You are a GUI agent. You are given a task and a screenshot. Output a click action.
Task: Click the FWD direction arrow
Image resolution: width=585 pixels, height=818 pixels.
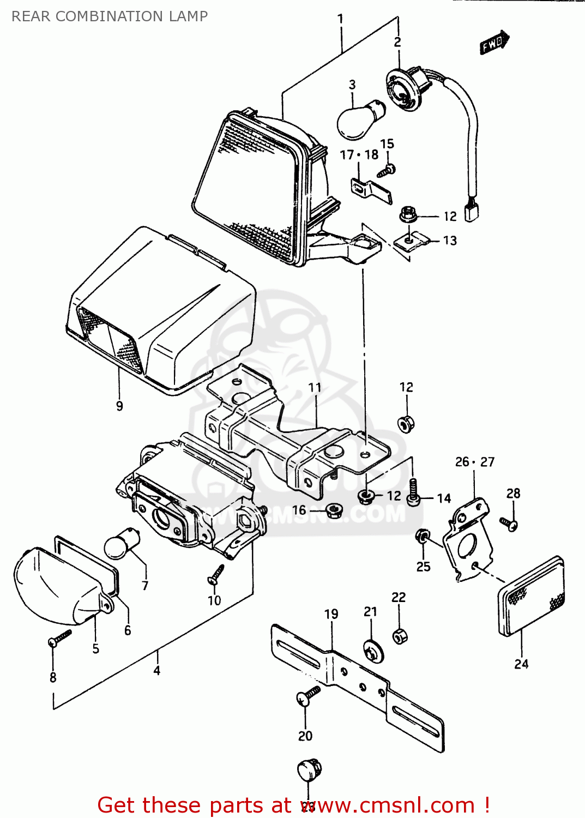[x=494, y=43]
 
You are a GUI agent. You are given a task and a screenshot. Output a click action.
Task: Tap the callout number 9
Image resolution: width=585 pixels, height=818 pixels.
[x=119, y=406]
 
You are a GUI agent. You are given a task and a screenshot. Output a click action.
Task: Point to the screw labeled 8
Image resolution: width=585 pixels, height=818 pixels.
[x=59, y=637]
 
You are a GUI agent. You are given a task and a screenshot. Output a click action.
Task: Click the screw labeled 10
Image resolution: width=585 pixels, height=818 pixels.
[x=216, y=574]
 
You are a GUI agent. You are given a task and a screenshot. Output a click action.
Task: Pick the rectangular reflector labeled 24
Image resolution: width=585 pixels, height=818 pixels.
[x=532, y=597]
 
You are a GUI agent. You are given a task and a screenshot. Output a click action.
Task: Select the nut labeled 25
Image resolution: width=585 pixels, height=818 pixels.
[x=422, y=537]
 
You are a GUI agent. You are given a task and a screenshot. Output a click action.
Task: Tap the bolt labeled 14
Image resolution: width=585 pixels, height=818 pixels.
[x=414, y=493]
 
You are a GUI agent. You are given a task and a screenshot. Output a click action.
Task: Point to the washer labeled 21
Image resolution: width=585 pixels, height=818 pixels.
[x=373, y=651]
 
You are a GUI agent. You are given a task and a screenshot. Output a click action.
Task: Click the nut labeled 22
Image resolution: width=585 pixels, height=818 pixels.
[x=399, y=636]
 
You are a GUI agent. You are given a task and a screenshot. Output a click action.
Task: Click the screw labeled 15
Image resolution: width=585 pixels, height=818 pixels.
[x=387, y=170]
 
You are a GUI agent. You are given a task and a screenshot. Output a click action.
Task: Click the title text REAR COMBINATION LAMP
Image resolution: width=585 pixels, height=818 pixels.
[x=110, y=16]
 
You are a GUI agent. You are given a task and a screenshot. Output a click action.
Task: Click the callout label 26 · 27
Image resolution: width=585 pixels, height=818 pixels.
[x=474, y=462]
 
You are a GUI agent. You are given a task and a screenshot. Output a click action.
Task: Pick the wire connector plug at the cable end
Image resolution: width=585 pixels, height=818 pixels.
[x=471, y=212]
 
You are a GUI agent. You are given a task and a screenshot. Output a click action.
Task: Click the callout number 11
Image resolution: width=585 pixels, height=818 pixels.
[x=315, y=388]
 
